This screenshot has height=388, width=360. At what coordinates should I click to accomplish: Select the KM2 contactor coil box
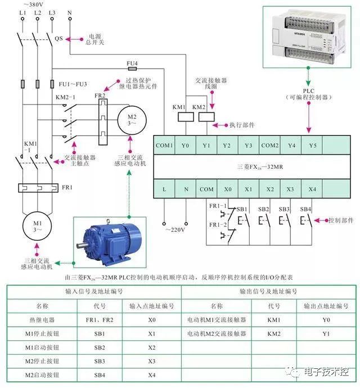coord(199,118)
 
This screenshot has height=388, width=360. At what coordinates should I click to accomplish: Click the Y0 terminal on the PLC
coord(185,145)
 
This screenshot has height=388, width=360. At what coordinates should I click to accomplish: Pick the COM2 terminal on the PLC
coord(269,145)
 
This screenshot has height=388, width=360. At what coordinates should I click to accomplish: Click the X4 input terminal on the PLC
coord(312,189)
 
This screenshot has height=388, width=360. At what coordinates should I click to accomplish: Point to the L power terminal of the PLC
coord(164,189)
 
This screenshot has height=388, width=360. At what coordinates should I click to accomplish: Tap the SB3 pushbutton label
coord(284,209)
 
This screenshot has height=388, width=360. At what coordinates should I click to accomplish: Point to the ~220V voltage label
coord(175,229)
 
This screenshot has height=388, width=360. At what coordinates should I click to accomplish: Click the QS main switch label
coord(58,38)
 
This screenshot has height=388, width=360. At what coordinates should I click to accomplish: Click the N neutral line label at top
coord(69,12)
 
